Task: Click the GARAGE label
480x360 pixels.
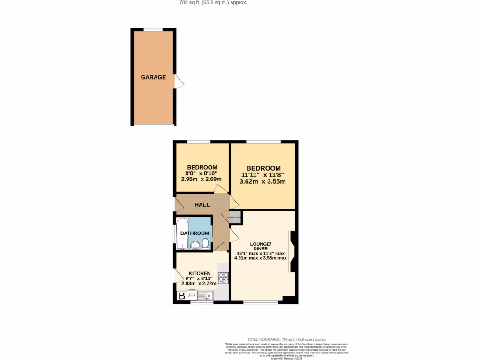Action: click(153, 77)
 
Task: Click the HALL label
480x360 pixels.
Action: click(202, 205)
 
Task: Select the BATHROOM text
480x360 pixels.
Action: click(195, 233)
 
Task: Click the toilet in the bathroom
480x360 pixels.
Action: click(205, 244)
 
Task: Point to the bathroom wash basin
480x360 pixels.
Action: click(195, 245)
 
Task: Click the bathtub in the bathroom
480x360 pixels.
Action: click(181, 233)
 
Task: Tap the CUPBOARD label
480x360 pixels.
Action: click(234, 217)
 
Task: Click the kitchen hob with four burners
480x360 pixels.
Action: click(223, 277)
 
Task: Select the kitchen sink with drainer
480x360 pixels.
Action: click(205, 295)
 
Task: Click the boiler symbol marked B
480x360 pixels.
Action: click(181, 296)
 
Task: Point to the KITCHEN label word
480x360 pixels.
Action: click(200, 273)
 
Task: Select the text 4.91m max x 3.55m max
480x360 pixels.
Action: click(260, 258)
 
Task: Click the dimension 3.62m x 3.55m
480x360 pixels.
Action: click(263, 182)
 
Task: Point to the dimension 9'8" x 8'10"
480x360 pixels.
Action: click(202, 173)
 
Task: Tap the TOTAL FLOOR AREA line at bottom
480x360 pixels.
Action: click(286, 339)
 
